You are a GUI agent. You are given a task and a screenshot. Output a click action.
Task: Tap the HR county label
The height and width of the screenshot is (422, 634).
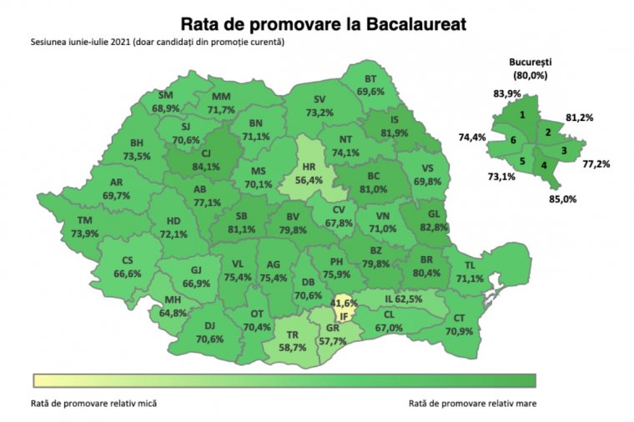pyautogui.click(x=309, y=166)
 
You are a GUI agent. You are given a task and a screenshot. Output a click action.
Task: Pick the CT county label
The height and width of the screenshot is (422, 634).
pyautogui.click(x=460, y=318)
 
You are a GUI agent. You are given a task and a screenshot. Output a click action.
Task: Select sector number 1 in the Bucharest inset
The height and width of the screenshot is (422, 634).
pyautogui.click(x=522, y=115)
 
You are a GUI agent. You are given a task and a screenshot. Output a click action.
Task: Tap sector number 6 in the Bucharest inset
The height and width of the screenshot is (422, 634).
pyautogui.click(x=514, y=140)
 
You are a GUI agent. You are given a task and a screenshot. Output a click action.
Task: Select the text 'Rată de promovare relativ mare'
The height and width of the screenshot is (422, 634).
pyautogui.click(x=472, y=403)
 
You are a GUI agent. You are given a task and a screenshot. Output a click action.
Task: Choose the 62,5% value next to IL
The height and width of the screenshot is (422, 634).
pyautogui.click(x=410, y=298)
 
